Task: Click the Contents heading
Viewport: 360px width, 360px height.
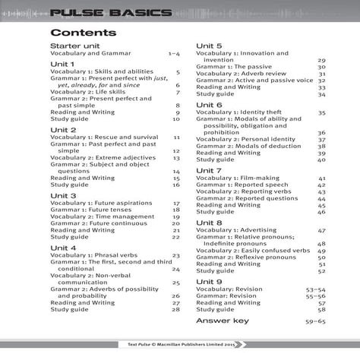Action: [83, 33]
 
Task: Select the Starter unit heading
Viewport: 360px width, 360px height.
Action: [74, 46]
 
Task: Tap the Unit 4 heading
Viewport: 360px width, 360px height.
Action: [63, 248]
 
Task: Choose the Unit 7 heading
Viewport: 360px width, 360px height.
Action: [209, 170]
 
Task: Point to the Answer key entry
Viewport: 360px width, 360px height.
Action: [223, 321]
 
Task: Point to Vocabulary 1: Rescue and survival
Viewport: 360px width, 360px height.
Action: [104, 137]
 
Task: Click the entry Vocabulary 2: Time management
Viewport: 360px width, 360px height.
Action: [102, 217]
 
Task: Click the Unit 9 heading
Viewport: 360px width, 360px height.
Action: [209, 281]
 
